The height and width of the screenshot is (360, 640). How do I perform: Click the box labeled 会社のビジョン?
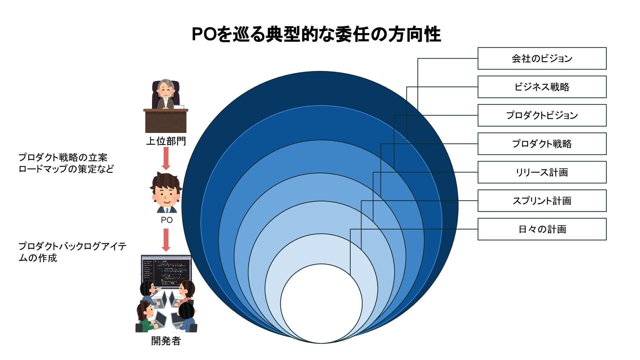[542, 58]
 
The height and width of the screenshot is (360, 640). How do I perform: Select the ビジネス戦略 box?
[542, 87]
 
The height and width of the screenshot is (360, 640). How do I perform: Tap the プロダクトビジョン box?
[542, 115]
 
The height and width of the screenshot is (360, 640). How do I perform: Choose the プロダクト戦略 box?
[542, 144]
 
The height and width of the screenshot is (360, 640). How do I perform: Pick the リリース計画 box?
[542, 172]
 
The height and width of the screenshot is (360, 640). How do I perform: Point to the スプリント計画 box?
[542, 201]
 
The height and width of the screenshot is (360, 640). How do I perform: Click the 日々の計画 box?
[542, 229]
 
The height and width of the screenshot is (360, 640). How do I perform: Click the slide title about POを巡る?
[316, 34]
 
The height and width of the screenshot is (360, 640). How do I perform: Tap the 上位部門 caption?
[166, 141]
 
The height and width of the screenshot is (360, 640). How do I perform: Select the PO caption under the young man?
[167, 220]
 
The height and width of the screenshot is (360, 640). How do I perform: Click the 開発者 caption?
[166, 341]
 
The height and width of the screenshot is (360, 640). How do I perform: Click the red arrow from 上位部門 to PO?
[166, 158]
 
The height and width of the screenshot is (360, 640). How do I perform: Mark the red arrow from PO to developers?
[166, 240]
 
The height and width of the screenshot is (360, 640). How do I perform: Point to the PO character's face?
[166, 195]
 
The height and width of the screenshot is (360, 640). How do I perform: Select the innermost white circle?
[321, 303]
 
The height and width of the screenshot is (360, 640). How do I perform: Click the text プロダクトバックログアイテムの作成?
[72, 252]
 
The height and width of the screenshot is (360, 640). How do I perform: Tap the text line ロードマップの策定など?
[66, 169]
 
